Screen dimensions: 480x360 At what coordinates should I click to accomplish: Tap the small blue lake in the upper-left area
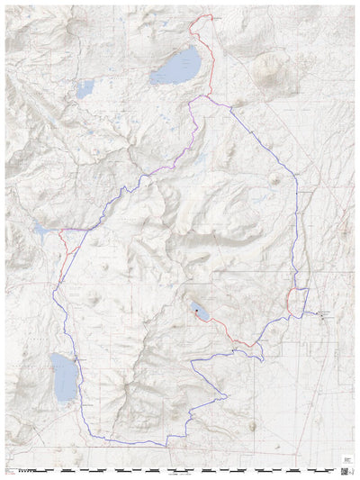tap(85, 88)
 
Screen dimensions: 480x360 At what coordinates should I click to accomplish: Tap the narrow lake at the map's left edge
tap(41, 230)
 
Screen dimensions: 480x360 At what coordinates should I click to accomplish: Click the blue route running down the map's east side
tap(298, 225)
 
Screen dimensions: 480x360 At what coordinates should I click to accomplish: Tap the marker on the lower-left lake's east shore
tap(76, 361)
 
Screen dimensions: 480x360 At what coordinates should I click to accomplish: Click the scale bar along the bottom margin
tap(180, 470)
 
